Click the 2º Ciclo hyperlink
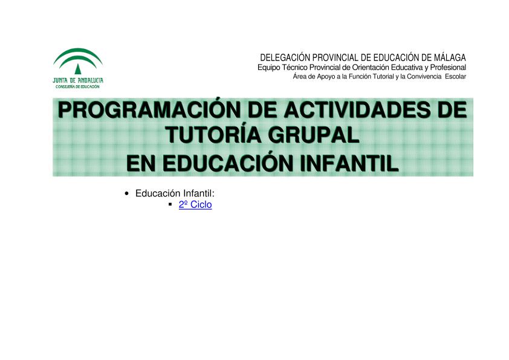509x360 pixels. click(195, 205)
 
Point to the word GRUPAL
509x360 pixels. click(314, 135)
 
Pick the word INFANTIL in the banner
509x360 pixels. click(349, 163)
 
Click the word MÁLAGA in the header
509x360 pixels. click(450, 57)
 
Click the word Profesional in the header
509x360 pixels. click(448, 68)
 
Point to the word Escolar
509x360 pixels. click(455, 77)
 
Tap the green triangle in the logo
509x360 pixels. click(78, 69)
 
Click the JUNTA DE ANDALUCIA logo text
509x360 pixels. click(78, 80)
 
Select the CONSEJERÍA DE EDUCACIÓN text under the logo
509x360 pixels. click(77, 87)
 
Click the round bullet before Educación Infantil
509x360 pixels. click(126, 194)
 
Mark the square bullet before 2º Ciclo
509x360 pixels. click(170, 205)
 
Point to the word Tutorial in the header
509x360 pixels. click(383, 77)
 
